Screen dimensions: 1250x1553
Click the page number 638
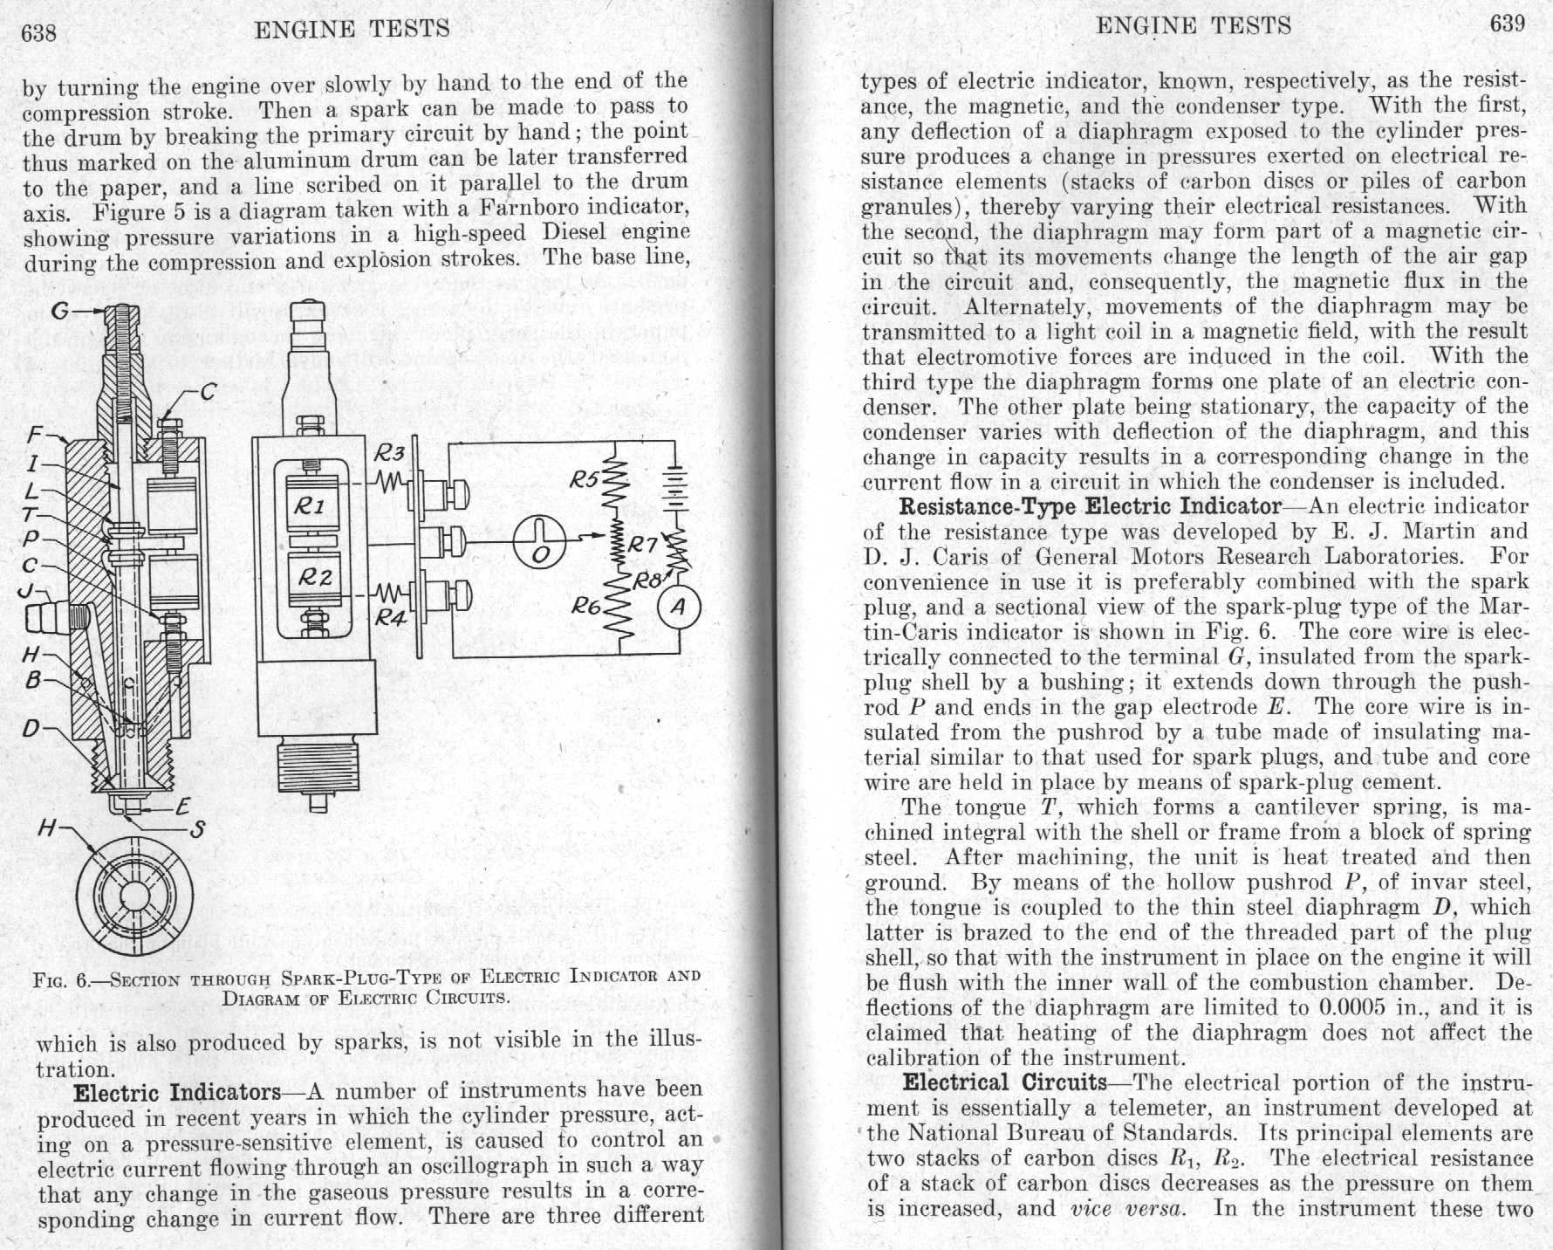(x=38, y=33)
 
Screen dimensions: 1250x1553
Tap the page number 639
(x=1507, y=24)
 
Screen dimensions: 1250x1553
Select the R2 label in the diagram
(x=314, y=576)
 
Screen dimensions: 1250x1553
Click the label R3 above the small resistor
(x=389, y=452)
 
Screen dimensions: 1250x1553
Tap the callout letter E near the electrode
(x=183, y=807)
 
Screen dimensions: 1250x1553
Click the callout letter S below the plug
(x=197, y=828)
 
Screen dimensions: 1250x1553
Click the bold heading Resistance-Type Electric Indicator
(x=1090, y=506)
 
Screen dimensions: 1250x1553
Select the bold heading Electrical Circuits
(x=1004, y=1083)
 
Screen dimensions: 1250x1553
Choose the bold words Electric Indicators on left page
(x=177, y=1093)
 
